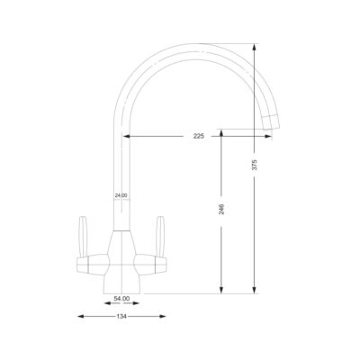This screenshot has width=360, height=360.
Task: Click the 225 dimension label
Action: pyautogui.click(x=199, y=136)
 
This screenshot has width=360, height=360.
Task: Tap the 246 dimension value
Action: pyautogui.click(x=222, y=209)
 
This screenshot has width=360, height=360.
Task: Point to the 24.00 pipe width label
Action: pyautogui.click(x=121, y=195)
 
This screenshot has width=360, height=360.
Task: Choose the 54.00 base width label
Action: pyautogui.click(x=121, y=299)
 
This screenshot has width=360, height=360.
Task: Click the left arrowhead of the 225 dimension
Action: pyautogui.click(x=125, y=136)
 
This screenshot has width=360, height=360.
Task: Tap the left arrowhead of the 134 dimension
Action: pyautogui.click(x=80, y=316)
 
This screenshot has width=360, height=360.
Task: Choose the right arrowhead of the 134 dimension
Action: pyautogui.click(x=162, y=316)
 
